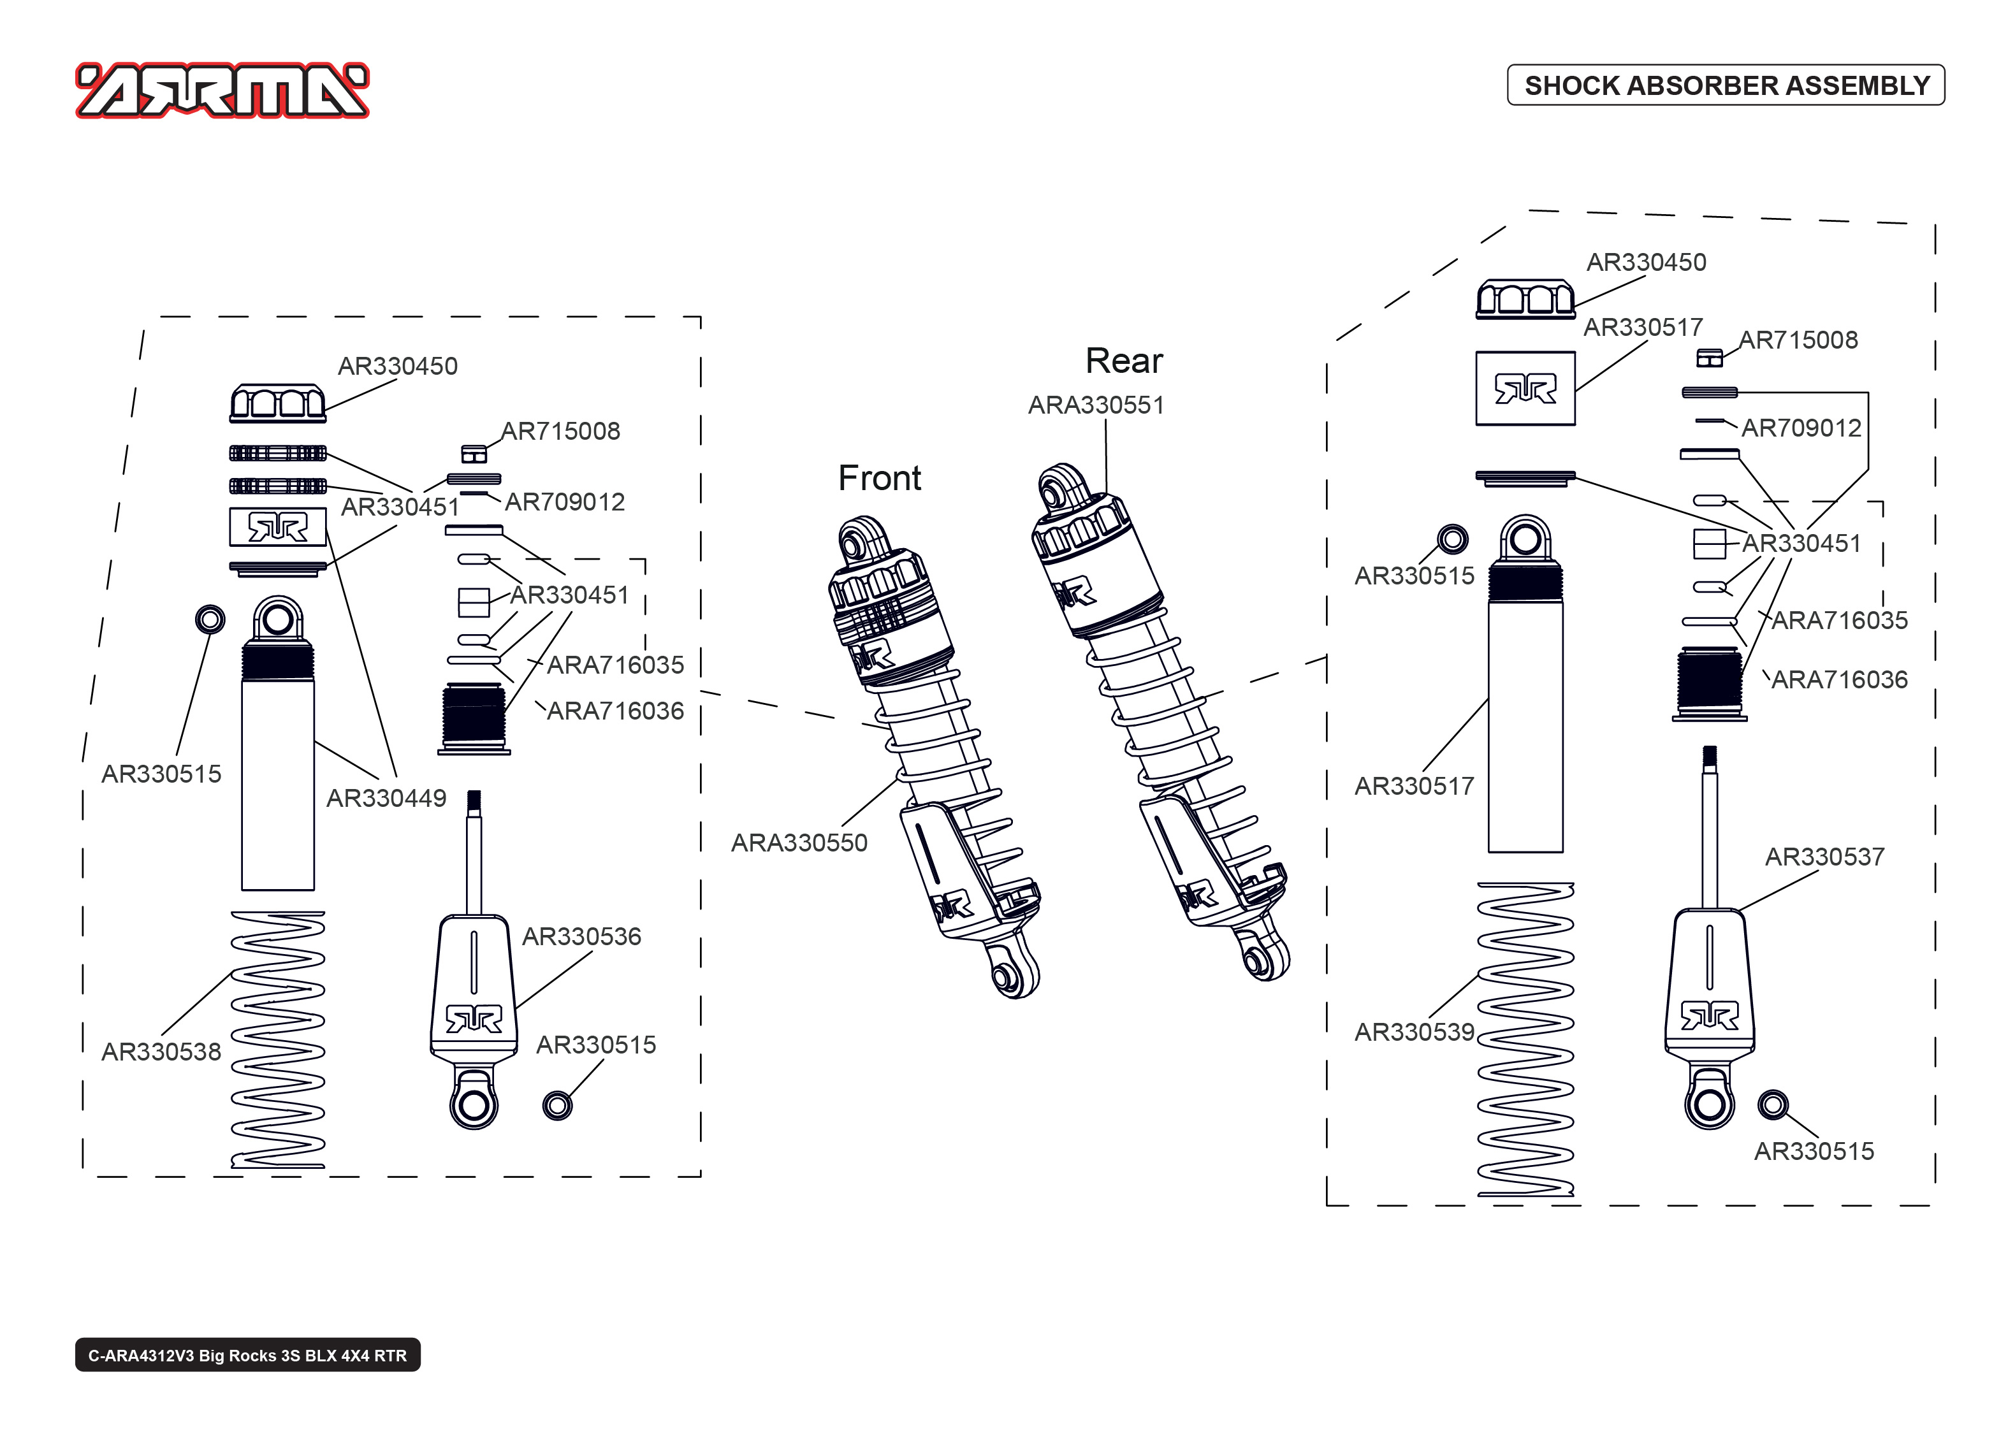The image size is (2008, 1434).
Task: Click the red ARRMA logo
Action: point(222,90)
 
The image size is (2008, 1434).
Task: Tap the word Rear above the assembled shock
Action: point(1123,361)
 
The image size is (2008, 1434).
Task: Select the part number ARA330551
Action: point(1096,405)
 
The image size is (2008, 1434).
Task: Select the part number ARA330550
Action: point(799,843)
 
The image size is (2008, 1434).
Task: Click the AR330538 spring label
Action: point(161,1052)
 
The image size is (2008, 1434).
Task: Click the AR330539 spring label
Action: point(1414,1032)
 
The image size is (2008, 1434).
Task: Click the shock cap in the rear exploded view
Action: point(1525,300)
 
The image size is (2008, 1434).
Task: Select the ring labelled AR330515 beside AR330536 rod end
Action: point(557,1106)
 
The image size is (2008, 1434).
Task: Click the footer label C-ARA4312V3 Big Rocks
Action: point(247,1356)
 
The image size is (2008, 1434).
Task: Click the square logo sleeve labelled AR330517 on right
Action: point(1525,389)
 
